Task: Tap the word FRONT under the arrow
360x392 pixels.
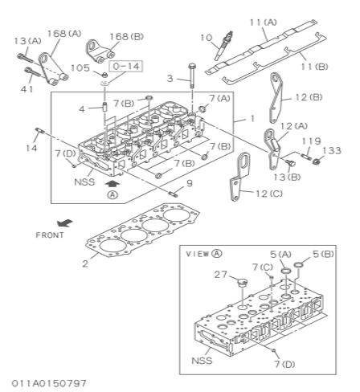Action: point(51,235)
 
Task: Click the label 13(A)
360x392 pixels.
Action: point(27,41)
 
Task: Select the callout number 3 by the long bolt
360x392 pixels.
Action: point(170,78)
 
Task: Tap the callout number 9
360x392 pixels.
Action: point(189,183)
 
